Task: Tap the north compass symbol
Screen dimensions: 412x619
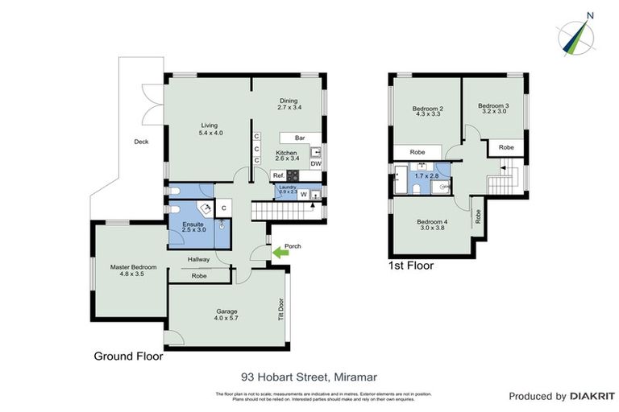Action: click(577, 34)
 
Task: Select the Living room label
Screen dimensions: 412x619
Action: click(210, 129)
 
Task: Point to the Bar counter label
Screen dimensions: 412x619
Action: click(300, 138)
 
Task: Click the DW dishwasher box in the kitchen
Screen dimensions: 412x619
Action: click(316, 163)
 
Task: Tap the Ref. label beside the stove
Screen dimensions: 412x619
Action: click(278, 175)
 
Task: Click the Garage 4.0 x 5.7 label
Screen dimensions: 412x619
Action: click(227, 315)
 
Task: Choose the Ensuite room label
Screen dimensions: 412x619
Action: click(193, 226)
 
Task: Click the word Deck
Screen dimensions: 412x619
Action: click(141, 142)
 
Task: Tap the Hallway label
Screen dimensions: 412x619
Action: click(198, 259)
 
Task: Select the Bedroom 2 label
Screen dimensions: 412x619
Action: click(428, 112)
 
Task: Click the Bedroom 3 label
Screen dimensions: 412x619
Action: click(493, 109)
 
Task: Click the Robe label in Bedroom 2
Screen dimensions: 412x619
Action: click(418, 152)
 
